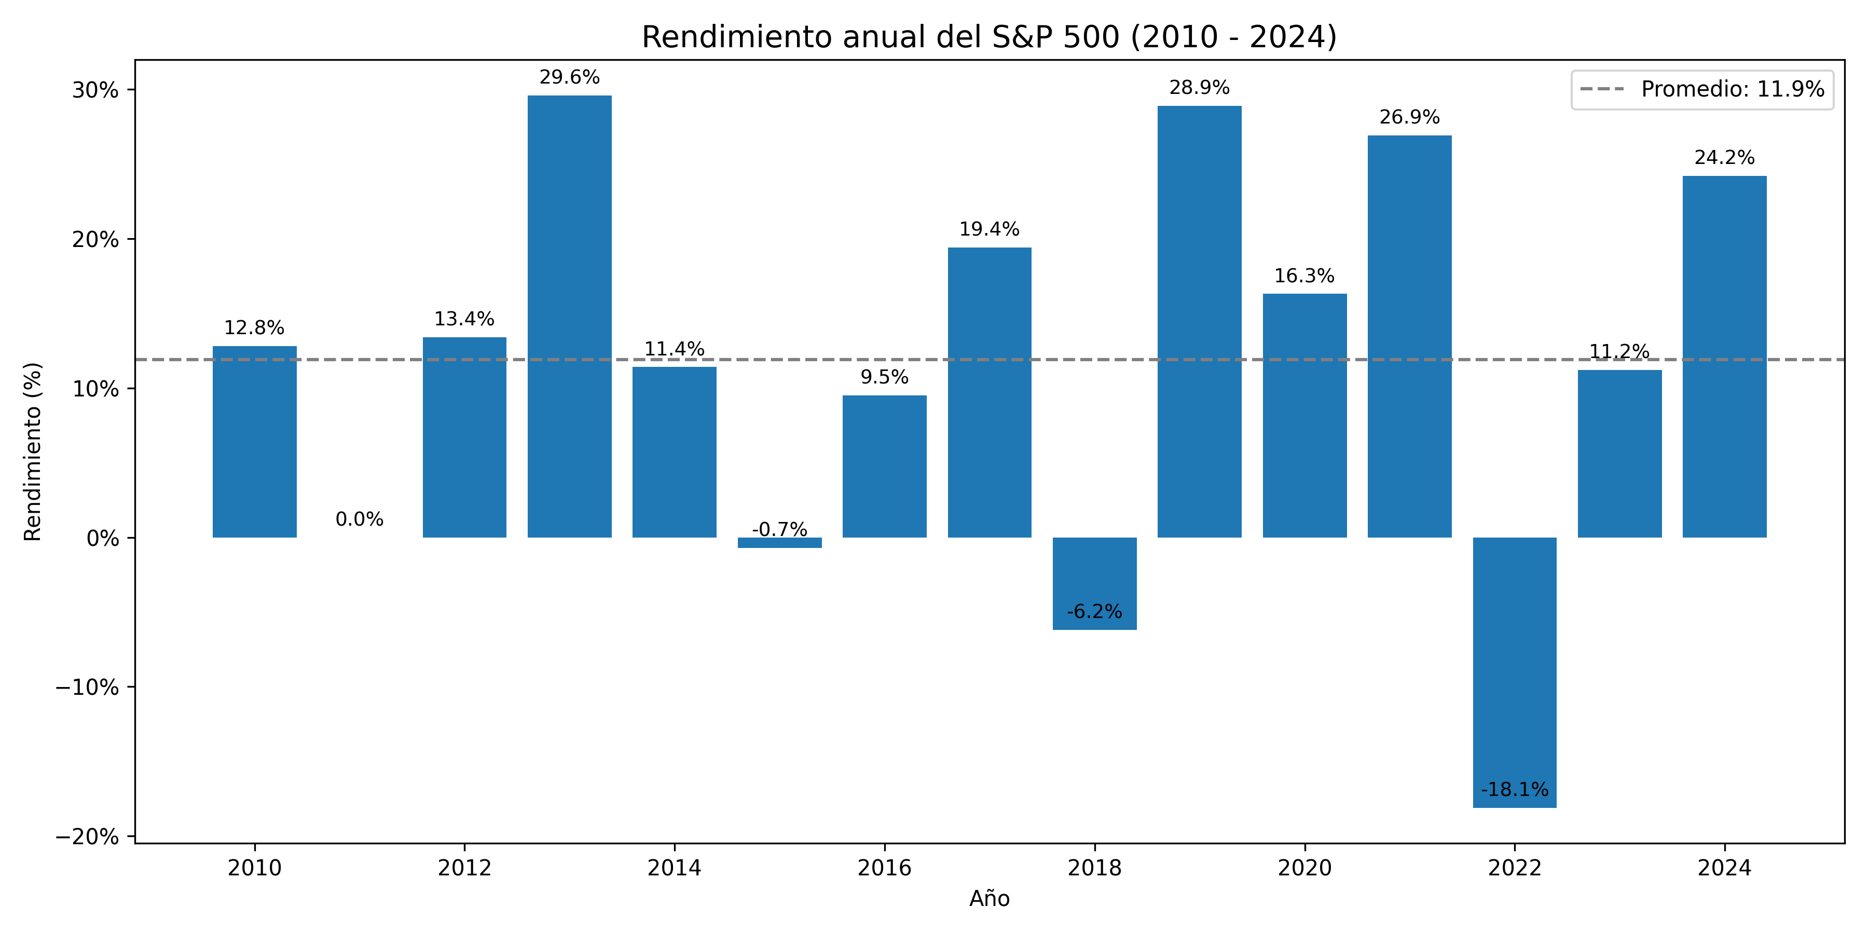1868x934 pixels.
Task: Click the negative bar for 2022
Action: point(1514,671)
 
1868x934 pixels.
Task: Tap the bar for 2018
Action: point(1094,583)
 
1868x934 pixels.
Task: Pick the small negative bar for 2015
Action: point(779,542)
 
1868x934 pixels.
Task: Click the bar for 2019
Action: point(1199,321)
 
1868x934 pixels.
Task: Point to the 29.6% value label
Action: point(569,77)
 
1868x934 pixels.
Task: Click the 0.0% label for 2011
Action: point(359,519)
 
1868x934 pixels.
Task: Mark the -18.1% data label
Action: point(1514,790)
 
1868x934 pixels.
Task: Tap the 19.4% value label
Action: point(989,229)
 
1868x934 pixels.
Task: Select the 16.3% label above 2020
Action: point(1304,276)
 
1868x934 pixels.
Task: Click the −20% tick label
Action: point(87,837)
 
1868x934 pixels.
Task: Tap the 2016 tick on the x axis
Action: point(884,868)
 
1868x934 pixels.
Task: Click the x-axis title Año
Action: point(989,899)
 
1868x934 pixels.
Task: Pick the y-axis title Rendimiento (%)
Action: point(33,452)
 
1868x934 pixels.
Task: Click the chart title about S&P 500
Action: point(989,36)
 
